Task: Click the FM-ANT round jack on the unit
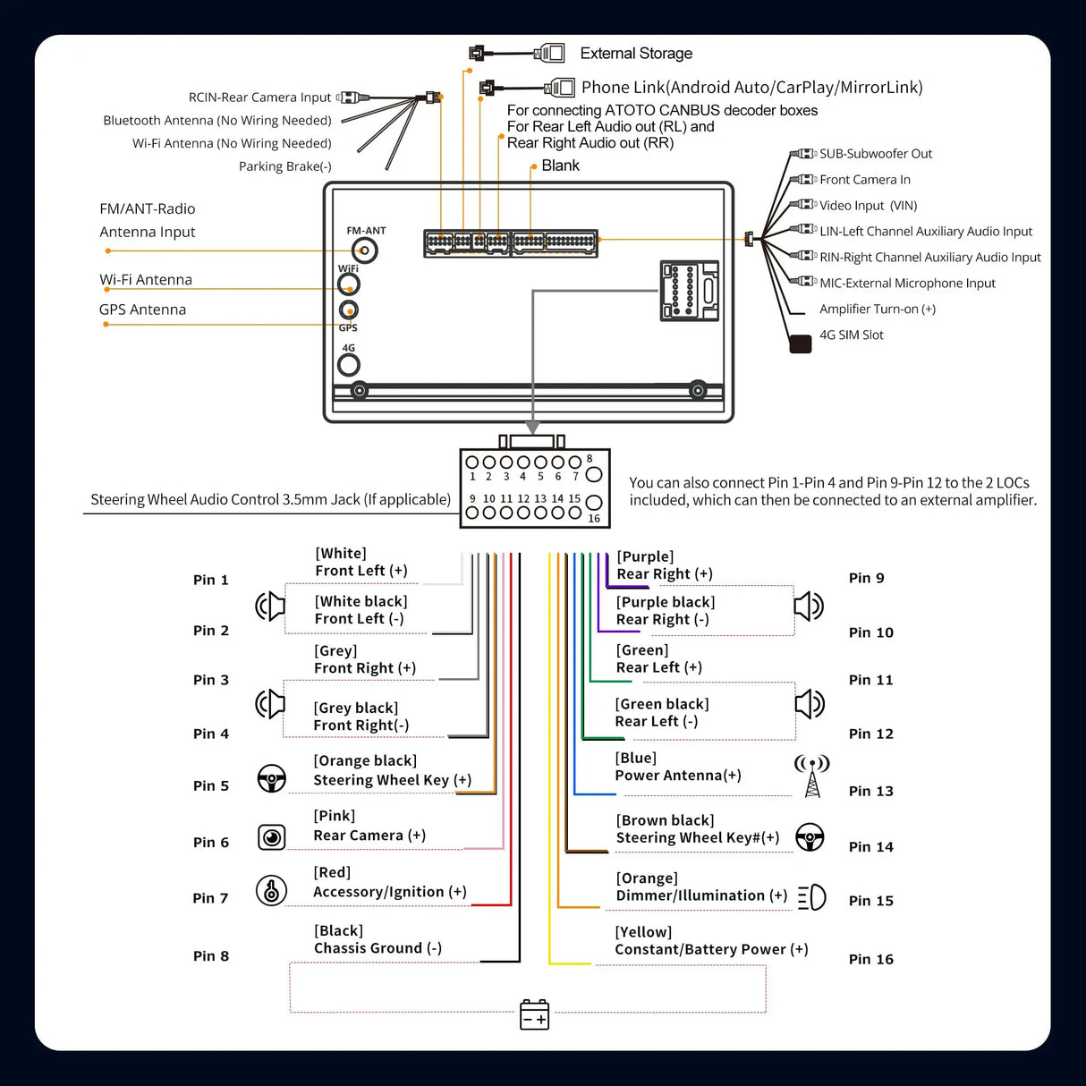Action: click(364, 250)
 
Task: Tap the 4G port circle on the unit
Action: click(348, 364)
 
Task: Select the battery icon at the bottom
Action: click(534, 1014)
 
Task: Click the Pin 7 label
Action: click(210, 898)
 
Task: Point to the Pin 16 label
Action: click(870, 959)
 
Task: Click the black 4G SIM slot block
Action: click(800, 344)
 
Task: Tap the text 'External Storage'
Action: click(636, 54)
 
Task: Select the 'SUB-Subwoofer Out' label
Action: click(875, 154)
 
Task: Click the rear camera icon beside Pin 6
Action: click(271, 837)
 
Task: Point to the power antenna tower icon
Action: click(811, 776)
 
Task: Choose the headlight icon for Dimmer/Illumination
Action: click(811, 897)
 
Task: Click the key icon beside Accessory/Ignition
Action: click(271, 890)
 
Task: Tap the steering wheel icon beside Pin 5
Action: click(271, 778)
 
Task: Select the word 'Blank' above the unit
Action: click(560, 165)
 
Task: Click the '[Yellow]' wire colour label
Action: click(643, 932)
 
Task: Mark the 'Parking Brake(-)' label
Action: click(284, 166)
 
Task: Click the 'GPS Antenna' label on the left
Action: click(142, 310)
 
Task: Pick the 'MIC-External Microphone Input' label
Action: click(907, 284)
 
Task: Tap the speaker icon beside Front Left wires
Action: click(270, 607)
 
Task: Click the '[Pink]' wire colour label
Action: click(335, 816)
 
